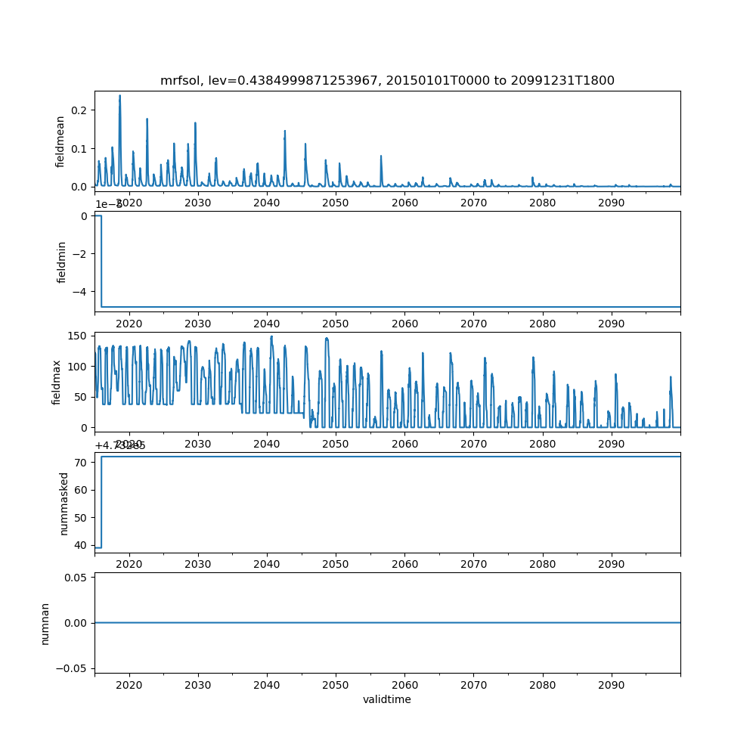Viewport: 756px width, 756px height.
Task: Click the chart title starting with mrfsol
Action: point(387,80)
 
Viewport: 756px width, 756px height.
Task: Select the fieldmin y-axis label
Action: point(62,262)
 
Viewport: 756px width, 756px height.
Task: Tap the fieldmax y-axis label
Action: point(57,382)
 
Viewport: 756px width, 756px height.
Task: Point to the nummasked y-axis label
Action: point(64,503)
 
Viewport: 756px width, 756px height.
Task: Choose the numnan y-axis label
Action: point(45,623)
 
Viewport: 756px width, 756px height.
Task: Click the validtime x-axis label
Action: point(387,699)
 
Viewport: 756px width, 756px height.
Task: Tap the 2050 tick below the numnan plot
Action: point(336,684)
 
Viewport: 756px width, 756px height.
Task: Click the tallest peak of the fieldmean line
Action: point(119,96)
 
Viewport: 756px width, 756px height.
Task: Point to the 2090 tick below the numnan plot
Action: point(611,684)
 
